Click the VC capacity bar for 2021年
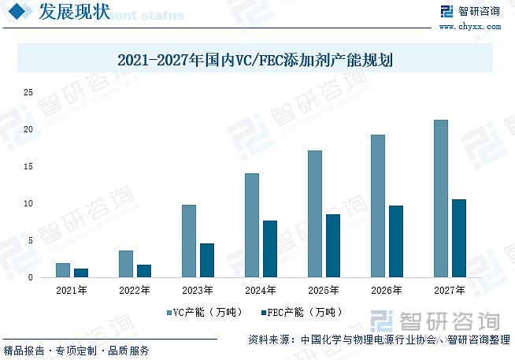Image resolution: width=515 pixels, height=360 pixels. pyautogui.click(x=63, y=270)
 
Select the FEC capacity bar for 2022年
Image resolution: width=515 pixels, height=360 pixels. pyautogui.click(x=144, y=271)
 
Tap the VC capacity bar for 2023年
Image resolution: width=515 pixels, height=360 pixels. pyautogui.click(x=189, y=241)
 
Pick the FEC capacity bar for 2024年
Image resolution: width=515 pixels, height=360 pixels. pyautogui.click(x=270, y=249)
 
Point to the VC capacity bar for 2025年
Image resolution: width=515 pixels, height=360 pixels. pyautogui.click(x=315, y=214)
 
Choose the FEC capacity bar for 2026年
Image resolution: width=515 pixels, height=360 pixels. pyautogui.click(x=396, y=242)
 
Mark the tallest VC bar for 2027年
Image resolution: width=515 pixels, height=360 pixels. pyautogui.click(x=441, y=199)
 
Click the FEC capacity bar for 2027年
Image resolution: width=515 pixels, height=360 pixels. pyautogui.click(x=459, y=239)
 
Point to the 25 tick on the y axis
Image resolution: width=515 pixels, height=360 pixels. pyautogui.click(x=28, y=92)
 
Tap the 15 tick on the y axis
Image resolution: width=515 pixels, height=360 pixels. pyautogui.click(x=28, y=166)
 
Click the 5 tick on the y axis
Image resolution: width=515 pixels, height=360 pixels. pyautogui.click(x=31, y=240)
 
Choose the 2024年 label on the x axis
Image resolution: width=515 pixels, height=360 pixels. pyautogui.click(x=261, y=290)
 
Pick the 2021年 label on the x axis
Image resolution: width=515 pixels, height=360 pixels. pyautogui.click(x=72, y=290)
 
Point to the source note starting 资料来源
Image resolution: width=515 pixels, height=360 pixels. pyautogui.click(x=379, y=340)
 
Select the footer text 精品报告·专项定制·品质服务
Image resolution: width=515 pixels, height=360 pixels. pyautogui.click(x=76, y=351)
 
